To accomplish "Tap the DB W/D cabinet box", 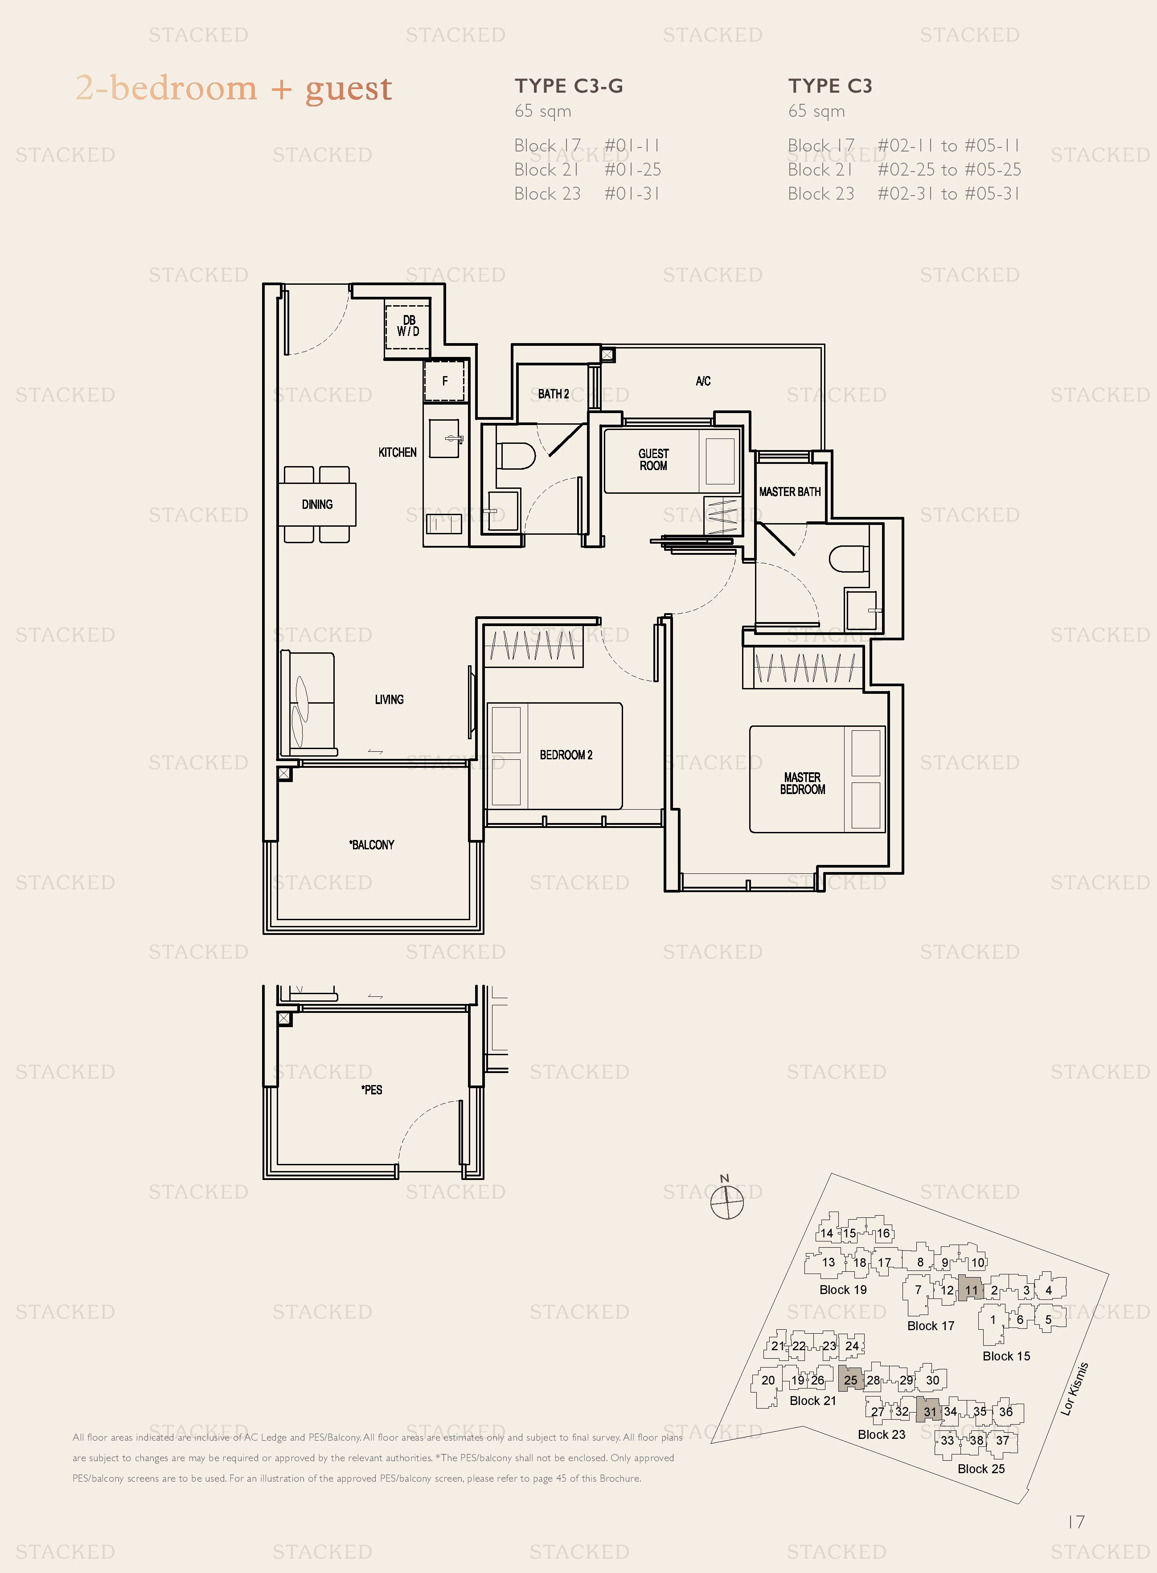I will tap(408, 326).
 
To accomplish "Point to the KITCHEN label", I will tap(397, 452).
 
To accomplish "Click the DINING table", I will tap(317, 504).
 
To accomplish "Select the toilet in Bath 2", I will tap(515, 456).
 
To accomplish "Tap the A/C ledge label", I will tap(703, 381).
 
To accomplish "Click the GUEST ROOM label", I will tap(653, 459).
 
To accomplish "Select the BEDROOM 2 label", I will tap(566, 755).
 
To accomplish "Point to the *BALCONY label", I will tap(372, 844).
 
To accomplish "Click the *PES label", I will tap(372, 1089).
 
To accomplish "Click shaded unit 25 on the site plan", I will tap(850, 1380).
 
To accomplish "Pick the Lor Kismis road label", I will tap(1075, 1389).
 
